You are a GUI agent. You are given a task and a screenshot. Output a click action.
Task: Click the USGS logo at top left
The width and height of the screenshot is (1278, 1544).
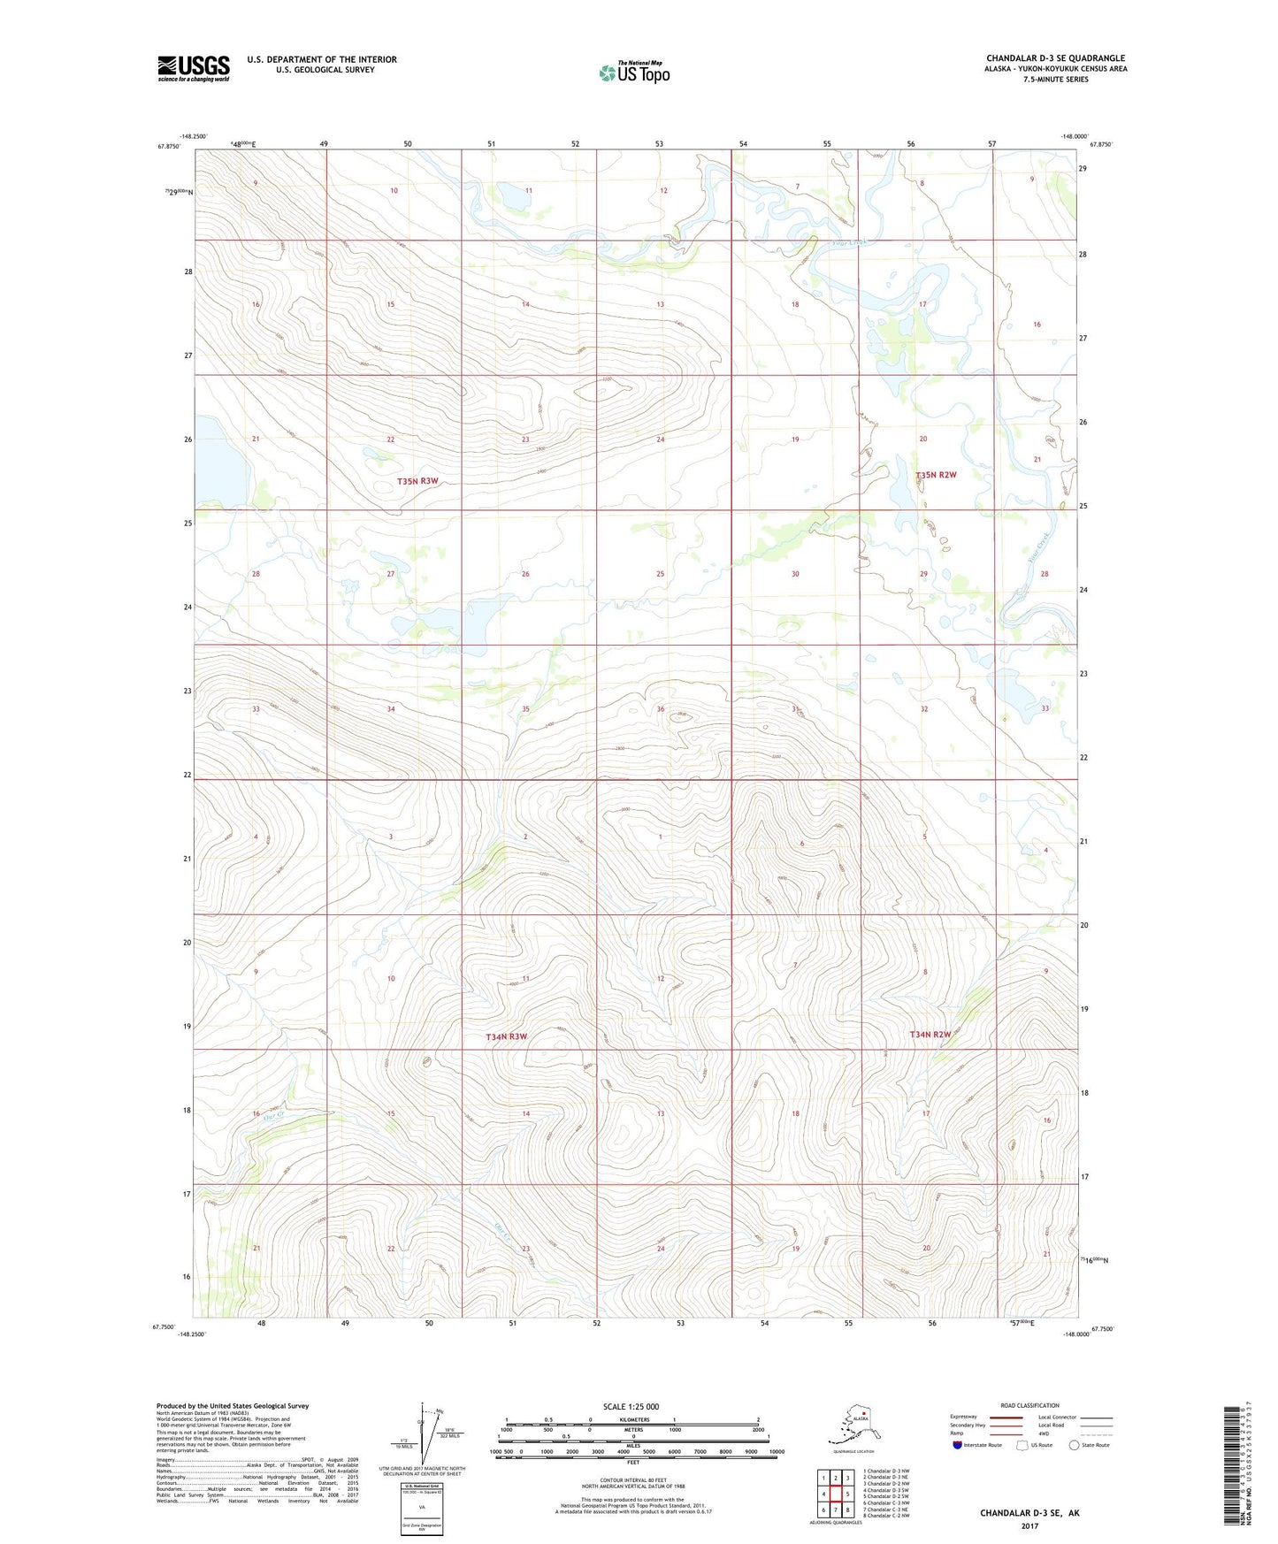click(193, 68)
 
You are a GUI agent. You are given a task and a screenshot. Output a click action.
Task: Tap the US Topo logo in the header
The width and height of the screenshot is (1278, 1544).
click(634, 73)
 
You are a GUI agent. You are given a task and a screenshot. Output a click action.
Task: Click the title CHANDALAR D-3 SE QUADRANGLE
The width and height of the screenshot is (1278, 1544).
click(1055, 58)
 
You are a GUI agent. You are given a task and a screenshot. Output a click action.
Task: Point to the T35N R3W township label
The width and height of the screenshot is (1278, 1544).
click(417, 481)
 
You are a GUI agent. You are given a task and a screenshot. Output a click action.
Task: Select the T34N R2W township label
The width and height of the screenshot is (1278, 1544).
click(931, 1034)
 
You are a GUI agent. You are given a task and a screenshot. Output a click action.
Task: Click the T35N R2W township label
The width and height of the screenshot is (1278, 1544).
click(936, 475)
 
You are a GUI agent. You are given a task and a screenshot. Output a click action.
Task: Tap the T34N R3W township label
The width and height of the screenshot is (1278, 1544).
click(506, 1036)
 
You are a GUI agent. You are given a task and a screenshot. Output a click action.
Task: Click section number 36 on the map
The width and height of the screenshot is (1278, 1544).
click(661, 709)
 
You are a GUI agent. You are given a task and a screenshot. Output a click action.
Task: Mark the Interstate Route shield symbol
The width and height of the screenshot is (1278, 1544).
click(958, 1445)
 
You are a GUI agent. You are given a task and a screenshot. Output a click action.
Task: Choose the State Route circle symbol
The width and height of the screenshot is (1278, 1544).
click(1075, 1445)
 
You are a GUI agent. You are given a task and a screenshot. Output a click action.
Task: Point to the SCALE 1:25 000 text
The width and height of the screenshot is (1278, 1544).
click(631, 1406)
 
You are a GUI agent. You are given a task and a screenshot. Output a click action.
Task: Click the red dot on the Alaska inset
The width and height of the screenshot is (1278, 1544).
click(864, 1424)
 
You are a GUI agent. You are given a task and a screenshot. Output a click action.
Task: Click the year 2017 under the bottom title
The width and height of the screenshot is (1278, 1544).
click(1029, 1525)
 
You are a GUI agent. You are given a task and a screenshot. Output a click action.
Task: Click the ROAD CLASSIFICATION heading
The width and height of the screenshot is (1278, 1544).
click(1029, 1405)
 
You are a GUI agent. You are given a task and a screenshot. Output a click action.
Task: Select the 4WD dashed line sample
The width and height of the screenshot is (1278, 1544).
click(1096, 1433)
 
